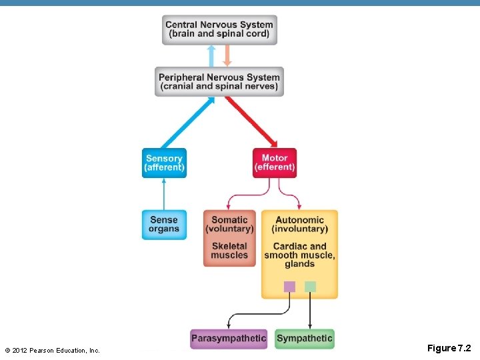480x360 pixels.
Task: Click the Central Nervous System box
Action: (219, 29)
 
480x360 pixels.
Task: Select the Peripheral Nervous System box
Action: (219, 81)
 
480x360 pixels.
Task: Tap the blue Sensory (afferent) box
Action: (164, 163)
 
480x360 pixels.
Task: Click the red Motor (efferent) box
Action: (274, 163)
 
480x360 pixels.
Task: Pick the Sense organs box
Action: (164, 224)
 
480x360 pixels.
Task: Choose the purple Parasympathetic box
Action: (228, 339)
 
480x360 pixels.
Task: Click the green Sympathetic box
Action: (304, 339)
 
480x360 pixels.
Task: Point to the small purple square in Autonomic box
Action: (289, 287)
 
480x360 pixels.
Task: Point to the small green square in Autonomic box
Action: (310, 287)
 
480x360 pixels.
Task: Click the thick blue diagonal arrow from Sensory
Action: (188, 123)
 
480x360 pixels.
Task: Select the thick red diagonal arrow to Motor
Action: (251, 122)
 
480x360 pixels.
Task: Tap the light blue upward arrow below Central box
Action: (211, 56)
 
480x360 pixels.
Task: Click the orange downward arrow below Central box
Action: (227, 55)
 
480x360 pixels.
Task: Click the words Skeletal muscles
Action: (229, 251)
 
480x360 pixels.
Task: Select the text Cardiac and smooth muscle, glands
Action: (299, 255)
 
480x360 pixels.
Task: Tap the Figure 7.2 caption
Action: (449, 348)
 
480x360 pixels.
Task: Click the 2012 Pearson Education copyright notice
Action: (52, 350)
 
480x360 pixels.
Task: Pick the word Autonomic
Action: (299, 219)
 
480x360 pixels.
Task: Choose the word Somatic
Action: (229, 219)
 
